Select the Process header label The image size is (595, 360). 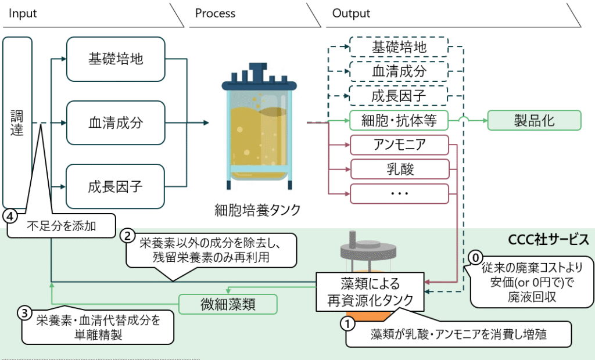point(216,13)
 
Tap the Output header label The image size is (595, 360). point(351,13)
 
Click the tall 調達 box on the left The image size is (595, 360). point(17,122)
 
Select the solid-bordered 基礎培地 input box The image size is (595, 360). point(116,59)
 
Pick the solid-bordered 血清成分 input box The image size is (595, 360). point(116,123)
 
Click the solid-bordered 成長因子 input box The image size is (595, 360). point(116,187)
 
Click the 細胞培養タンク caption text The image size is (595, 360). point(257,210)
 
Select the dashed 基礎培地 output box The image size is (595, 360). point(399,47)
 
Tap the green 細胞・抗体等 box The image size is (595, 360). point(399,121)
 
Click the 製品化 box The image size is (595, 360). point(534,121)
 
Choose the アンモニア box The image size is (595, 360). point(399,145)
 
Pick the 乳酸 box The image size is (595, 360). point(399,169)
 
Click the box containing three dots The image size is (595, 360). point(399,193)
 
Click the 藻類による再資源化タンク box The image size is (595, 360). point(370,292)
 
